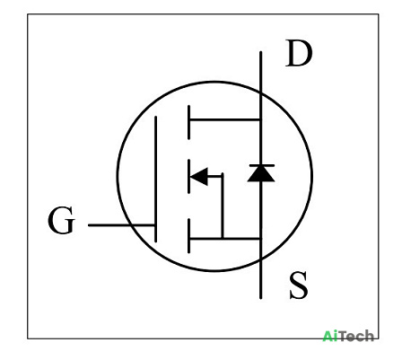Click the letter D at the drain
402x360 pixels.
[299, 53]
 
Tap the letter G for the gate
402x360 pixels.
[61, 220]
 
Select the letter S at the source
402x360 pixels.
[299, 285]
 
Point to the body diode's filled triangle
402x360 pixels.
[261, 174]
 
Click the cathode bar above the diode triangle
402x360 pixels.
[261, 165]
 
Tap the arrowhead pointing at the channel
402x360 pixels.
[199, 177]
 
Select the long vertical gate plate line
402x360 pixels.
[155, 179]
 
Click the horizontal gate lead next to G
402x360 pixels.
[121, 225]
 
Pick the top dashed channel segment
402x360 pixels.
[188, 122]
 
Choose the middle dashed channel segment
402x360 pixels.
[188, 177]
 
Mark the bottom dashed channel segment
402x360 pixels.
[188, 236]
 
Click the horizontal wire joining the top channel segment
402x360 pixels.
[225, 120]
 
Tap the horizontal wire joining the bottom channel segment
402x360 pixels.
[225, 239]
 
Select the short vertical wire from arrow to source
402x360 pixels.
[223, 206]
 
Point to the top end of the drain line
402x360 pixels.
[261, 52]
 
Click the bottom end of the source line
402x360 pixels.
[261, 297]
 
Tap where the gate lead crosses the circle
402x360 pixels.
[132, 225]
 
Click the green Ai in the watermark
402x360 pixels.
[328, 336]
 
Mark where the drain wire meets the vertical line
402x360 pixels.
[261, 120]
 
